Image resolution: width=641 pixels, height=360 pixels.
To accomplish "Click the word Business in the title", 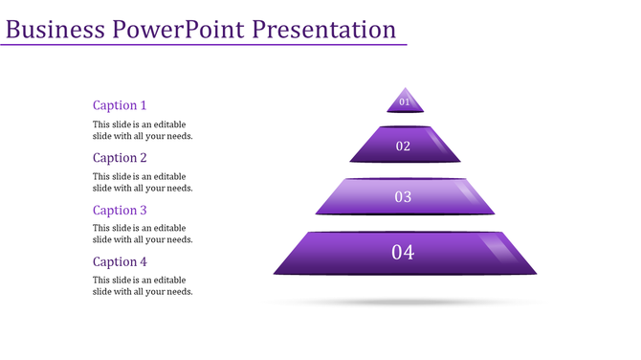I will point(55,29).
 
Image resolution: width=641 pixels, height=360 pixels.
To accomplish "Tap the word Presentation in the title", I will point(324,29).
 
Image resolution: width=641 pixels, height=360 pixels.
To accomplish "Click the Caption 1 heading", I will point(120,105).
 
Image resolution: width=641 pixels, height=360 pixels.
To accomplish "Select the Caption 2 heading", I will point(120,158).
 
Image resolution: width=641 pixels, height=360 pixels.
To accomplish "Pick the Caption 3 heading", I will point(120,210).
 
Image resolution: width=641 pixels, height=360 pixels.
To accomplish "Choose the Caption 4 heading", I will point(120,261).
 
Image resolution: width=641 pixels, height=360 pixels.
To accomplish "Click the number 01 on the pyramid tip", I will point(405,101).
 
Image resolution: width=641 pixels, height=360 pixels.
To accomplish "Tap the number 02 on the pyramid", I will point(403,146).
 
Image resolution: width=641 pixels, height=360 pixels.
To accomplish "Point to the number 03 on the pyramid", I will point(403,197).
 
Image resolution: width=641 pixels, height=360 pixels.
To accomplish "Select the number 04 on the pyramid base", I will point(403,253).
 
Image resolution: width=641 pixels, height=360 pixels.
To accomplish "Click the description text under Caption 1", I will point(143,130).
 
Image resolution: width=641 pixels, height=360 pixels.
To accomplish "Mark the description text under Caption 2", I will point(143,182).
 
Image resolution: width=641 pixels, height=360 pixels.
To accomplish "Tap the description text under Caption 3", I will point(143,234).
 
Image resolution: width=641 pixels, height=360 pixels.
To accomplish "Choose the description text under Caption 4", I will point(143,285).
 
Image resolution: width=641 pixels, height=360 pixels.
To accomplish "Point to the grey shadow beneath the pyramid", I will point(405,303).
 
